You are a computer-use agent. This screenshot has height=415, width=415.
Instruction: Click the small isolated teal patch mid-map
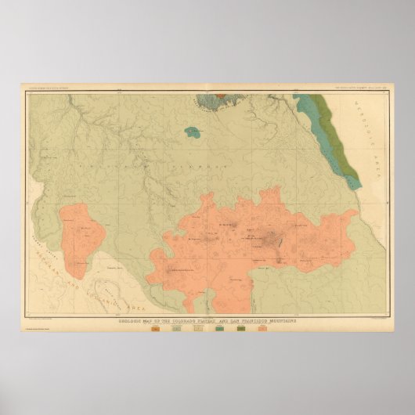click(189, 130)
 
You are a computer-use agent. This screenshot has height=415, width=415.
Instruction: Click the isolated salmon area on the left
click(83, 235)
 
